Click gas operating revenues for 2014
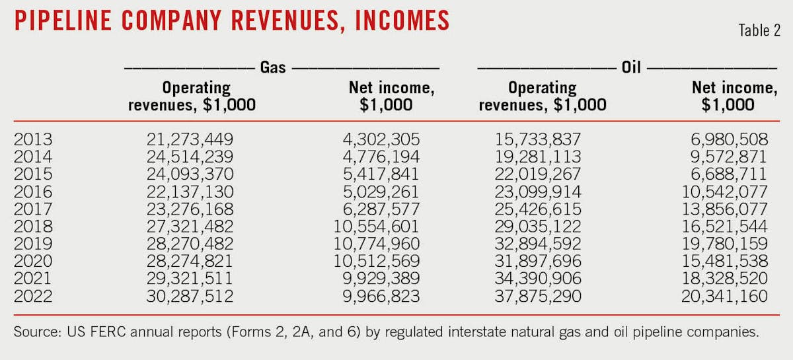(x=190, y=155)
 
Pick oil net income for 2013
(x=725, y=139)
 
